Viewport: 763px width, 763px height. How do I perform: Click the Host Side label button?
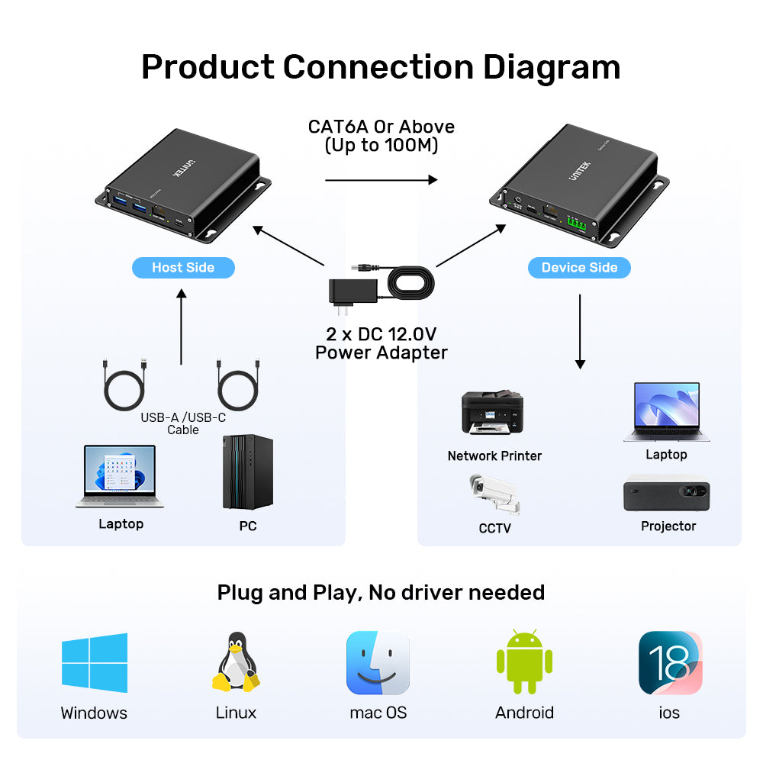pyautogui.click(x=183, y=267)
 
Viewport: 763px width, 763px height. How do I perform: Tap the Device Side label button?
pyautogui.click(x=579, y=267)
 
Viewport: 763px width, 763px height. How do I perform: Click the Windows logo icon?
pyautogui.click(x=95, y=662)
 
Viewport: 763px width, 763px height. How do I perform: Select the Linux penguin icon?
pyautogui.click(x=235, y=662)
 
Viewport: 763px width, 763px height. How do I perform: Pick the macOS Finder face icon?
pyautogui.click(x=378, y=663)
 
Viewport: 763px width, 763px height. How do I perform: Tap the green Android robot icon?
pyautogui.click(x=524, y=662)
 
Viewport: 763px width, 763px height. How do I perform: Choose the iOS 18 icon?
pyautogui.click(x=670, y=662)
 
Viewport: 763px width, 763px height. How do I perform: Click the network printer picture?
pyautogui.click(x=493, y=413)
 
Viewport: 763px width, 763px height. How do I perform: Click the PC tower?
pyautogui.click(x=248, y=472)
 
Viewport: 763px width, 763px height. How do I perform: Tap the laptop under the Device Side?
pyautogui.click(x=666, y=412)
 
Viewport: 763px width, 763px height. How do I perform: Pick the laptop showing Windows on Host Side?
pyautogui.click(x=121, y=476)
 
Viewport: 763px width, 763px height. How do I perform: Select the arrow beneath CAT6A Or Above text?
pyautogui.click(x=381, y=180)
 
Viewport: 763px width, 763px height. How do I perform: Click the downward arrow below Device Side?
pyautogui.click(x=580, y=331)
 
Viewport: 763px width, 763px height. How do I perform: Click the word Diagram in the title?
pyautogui.click(x=551, y=67)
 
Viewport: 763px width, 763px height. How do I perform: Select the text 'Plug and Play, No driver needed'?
pyautogui.click(x=381, y=592)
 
